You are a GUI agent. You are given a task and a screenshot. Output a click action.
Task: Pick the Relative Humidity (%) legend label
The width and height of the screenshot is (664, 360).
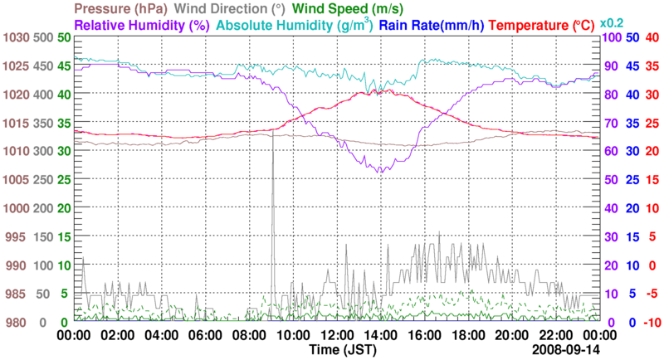pos(141,25)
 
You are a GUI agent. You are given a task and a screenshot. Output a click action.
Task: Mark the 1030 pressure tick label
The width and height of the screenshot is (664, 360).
pos(15,38)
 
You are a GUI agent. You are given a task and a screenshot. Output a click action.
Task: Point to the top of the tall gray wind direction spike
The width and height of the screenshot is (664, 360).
pos(273,133)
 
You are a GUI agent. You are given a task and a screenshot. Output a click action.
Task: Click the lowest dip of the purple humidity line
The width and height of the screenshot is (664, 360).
pos(380,172)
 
